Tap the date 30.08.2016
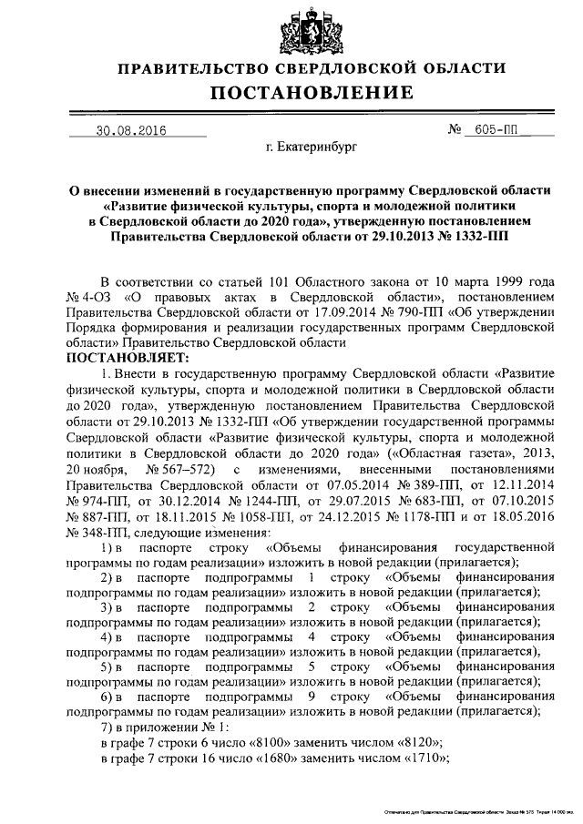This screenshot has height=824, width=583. click(137, 130)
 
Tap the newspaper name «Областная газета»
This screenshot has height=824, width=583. click(446, 452)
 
